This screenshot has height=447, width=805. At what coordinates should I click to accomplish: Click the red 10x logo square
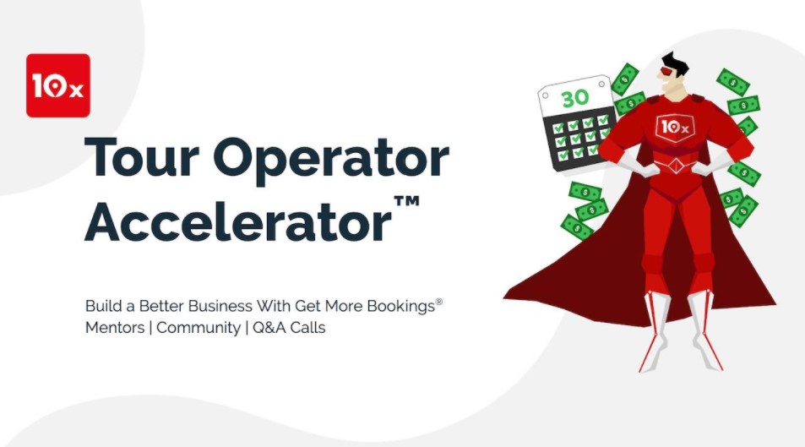57,85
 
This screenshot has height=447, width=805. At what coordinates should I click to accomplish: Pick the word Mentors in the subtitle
114,328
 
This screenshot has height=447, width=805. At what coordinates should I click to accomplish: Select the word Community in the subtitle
198,328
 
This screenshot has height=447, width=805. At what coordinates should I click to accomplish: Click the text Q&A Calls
290,328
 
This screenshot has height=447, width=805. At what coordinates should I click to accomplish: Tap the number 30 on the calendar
574,98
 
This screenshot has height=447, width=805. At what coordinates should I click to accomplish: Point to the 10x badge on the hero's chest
673,127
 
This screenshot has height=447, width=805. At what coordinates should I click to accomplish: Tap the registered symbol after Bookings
438,300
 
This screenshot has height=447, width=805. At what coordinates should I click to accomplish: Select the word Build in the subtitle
102,305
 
